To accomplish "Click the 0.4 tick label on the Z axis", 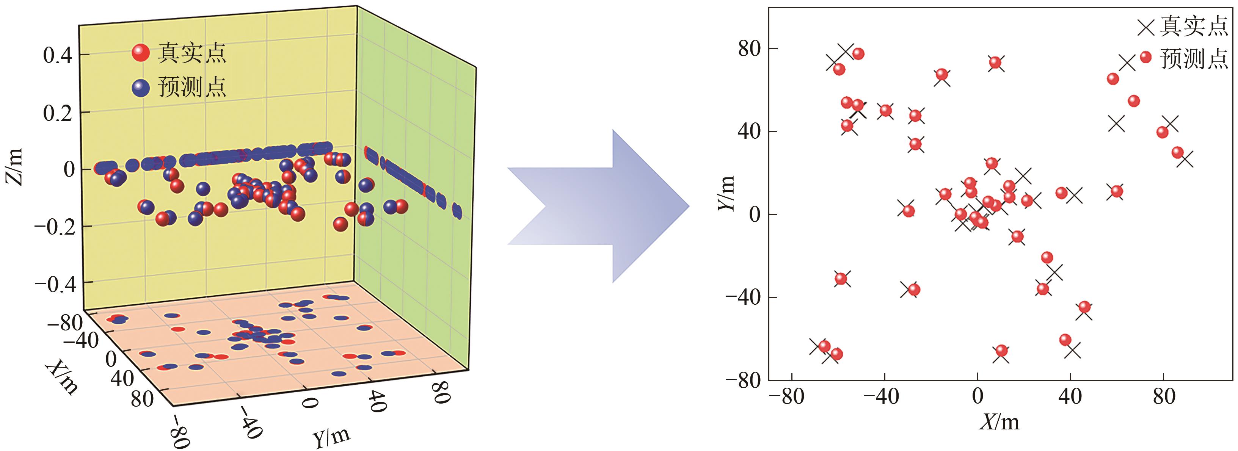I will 57,55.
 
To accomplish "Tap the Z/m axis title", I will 14,167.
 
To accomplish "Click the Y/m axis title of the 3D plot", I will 332,436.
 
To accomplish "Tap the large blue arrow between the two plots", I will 598,207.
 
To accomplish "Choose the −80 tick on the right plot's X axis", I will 787,397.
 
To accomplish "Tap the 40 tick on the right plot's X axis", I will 1070,397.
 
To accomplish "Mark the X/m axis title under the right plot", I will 1000,422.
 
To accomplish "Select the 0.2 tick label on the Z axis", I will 57,113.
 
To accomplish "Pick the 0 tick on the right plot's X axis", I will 978,397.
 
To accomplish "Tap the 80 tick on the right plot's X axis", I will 1164,397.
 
